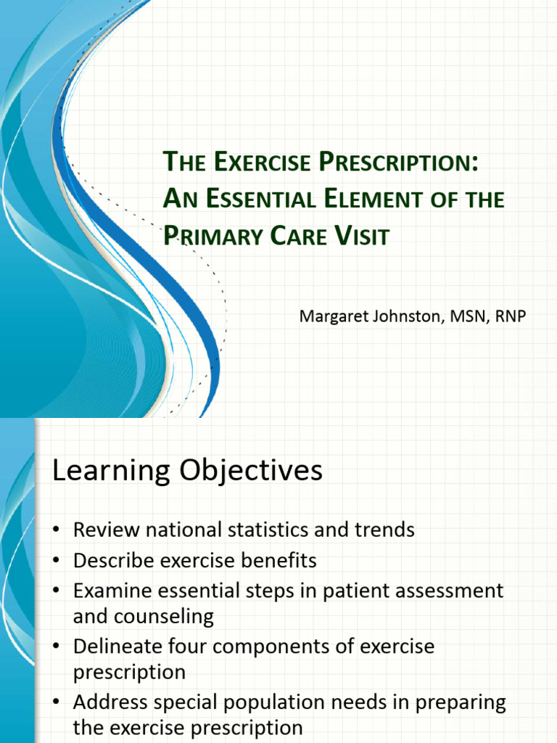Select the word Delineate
(115, 646)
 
